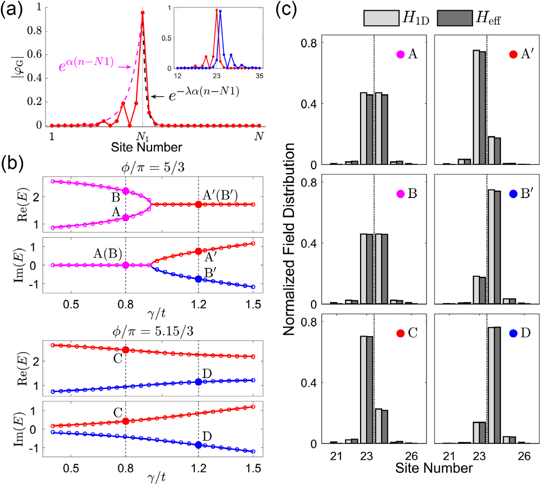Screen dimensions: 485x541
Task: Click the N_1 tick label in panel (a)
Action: click(142, 136)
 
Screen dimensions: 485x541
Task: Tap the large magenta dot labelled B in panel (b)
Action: click(126, 191)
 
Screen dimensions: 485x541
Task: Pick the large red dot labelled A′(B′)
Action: click(199, 204)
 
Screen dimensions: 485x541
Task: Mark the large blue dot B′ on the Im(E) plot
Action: click(199, 279)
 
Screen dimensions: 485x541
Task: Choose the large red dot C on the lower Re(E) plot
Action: click(126, 350)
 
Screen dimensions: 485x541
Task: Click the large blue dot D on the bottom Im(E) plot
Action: click(199, 444)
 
